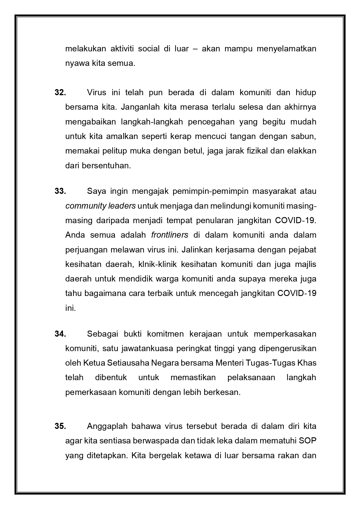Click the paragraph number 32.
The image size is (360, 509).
(x=60, y=93)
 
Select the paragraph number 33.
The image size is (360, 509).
(x=60, y=191)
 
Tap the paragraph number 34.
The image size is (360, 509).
(x=60, y=334)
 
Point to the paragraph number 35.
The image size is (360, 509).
(x=60, y=426)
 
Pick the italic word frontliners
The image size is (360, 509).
(x=170, y=235)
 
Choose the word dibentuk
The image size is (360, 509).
(x=111, y=378)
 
